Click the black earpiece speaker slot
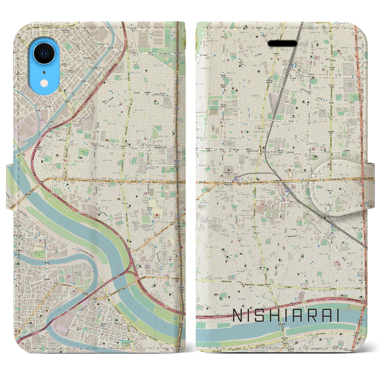283,44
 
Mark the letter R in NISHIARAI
312,316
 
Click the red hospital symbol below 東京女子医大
157,215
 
